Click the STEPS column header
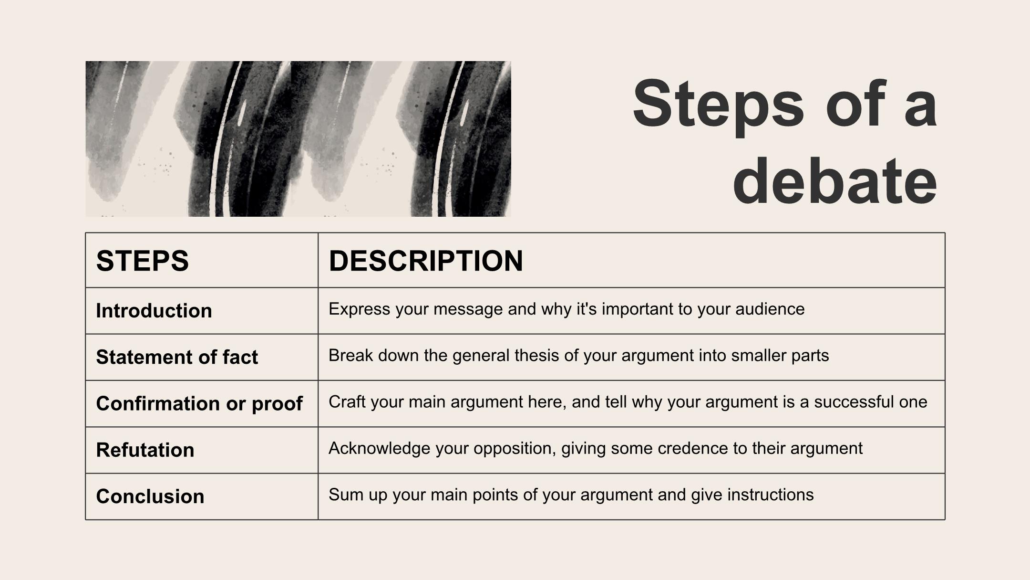click(x=142, y=261)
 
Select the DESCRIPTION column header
click(x=426, y=261)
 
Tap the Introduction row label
click(x=154, y=311)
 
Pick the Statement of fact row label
click(x=177, y=357)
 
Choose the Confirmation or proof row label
click(x=199, y=404)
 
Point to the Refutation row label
click(x=145, y=450)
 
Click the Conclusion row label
click(x=150, y=496)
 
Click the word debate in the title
click(x=835, y=181)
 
